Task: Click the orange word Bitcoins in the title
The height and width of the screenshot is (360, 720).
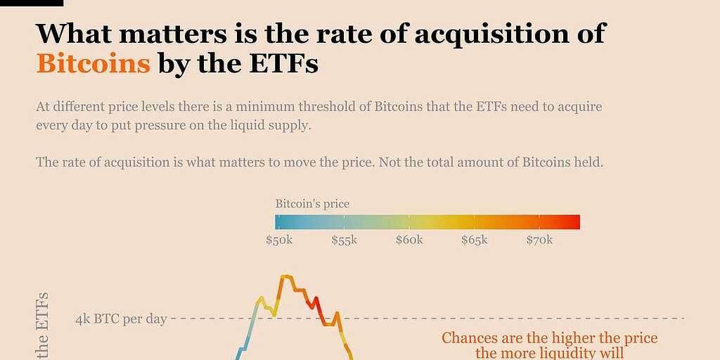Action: pyautogui.click(x=93, y=64)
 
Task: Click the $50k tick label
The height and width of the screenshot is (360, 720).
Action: pyautogui.click(x=279, y=240)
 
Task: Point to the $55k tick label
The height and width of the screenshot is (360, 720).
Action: pyautogui.click(x=345, y=240)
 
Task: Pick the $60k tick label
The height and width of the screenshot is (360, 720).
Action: pyautogui.click(x=409, y=240)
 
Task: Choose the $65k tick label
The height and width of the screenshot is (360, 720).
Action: pyautogui.click(x=474, y=240)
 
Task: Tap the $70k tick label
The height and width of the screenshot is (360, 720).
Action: pyautogui.click(x=539, y=240)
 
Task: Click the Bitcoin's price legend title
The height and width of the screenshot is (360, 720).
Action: pyautogui.click(x=312, y=204)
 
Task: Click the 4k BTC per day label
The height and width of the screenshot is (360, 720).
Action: pyautogui.click(x=121, y=319)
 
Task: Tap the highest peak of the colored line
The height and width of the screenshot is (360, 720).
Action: pyautogui.click(x=285, y=276)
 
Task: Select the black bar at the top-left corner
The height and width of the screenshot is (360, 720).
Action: pyautogui.click(x=32, y=3)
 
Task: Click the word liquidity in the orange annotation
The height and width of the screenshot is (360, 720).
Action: pyautogui.click(x=576, y=353)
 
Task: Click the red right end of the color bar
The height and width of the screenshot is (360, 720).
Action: pyautogui.click(x=574, y=222)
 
